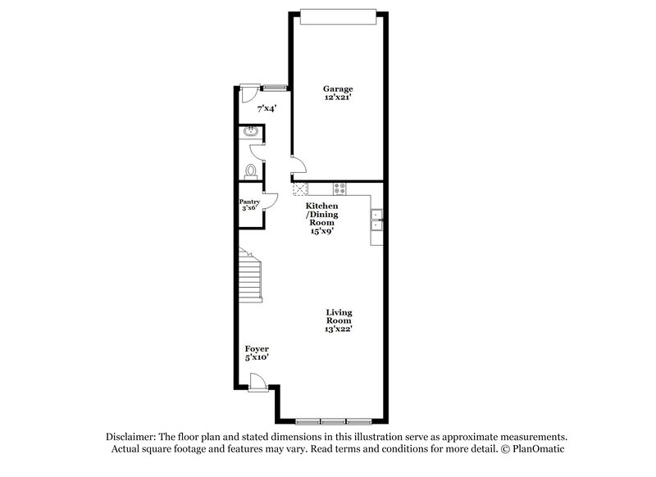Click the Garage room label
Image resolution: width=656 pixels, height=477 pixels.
(x=338, y=88)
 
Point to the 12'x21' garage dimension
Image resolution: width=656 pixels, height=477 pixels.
(x=338, y=97)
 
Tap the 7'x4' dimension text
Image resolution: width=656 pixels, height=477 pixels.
(x=267, y=108)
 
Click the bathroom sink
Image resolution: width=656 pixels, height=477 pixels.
(x=250, y=132)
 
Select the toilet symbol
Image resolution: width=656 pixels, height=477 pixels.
(x=251, y=170)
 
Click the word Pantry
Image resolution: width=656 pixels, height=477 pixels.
(x=249, y=202)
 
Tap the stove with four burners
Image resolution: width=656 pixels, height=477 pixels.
(x=340, y=189)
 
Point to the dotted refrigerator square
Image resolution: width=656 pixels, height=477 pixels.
(x=299, y=188)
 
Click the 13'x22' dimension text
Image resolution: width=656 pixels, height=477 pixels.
(x=339, y=329)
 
